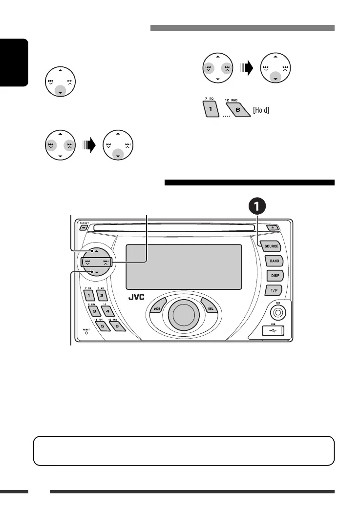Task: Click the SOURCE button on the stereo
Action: coord(271,246)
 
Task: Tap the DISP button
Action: coord(275,276)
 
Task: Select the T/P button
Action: coord(275,290)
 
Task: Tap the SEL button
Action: coord(210,309)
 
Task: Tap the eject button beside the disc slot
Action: coord(270,227)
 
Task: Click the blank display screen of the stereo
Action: coord(184,266)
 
